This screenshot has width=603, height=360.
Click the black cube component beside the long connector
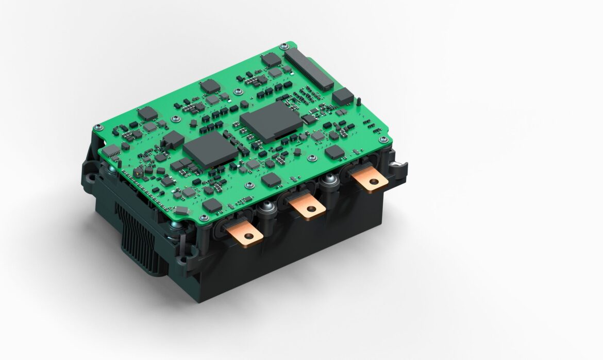[x=343, y=96]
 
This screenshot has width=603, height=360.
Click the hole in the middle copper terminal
[x=311, y=210]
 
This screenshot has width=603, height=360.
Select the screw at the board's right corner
[x=382, y=140]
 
